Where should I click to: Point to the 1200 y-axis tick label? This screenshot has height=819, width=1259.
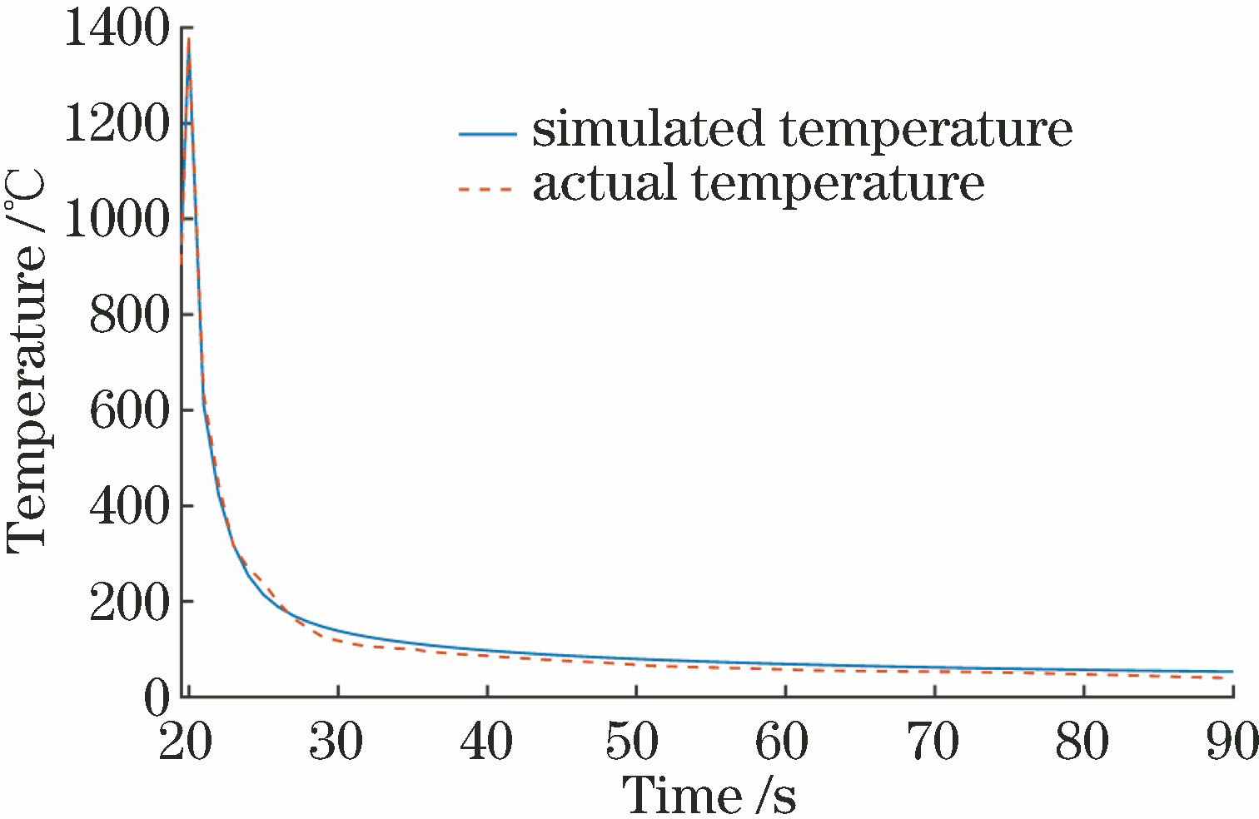(x=117, y=125)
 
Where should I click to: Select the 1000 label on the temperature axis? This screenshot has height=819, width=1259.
(x=117, y=220)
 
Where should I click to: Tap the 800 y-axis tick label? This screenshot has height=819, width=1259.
(x=129, y=315)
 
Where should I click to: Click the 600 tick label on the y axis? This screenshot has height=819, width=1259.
(x=129, y=410)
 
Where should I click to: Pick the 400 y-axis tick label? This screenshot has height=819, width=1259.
(x=129, y=506)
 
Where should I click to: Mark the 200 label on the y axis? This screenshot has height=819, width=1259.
(x=129, y=602)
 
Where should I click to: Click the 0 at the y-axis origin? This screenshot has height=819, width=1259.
(x=156, y=697)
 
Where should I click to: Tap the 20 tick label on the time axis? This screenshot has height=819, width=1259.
(x=185, y=741)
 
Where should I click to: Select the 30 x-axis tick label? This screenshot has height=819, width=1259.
(x=336, y=741)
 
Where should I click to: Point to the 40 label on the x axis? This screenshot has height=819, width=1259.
(x=486, y=741)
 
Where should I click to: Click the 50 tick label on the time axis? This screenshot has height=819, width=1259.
(x=634, y=741)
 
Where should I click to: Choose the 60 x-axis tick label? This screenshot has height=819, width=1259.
(x=784, y=741)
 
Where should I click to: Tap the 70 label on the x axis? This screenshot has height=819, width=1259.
(x=933, y=741)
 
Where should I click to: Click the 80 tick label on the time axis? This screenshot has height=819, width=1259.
(x=1082, y=741)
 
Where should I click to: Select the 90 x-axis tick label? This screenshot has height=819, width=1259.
(x=1231, y=741)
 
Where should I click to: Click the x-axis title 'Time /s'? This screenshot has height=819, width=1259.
(x=709, y=795)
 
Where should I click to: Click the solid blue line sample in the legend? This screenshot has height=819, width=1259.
(x=487, y=133)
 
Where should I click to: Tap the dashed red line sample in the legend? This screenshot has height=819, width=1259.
(x=487, y=189)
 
